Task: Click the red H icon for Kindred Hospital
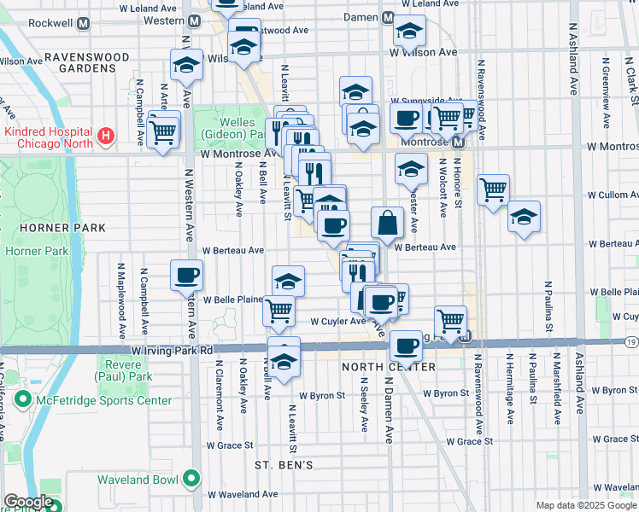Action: [x=105, y=136]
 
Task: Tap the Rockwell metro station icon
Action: [x=83, y=23]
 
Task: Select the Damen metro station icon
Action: [x=388, y=18]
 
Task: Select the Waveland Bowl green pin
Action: [x=194, y=479]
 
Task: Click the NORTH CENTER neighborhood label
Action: [x=389, y=367]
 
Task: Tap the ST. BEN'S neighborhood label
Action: [x=284, y=465]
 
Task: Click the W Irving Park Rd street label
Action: [x=172, y=350]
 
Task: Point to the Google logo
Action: [x=28, y=502]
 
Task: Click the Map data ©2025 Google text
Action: [x=586, y=505]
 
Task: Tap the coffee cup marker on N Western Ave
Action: [x=187, y=275]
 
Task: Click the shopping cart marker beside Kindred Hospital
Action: [x=162, y=131]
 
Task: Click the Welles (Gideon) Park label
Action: [x=228, y=129]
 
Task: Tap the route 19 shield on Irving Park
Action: [x=630, y=341]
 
